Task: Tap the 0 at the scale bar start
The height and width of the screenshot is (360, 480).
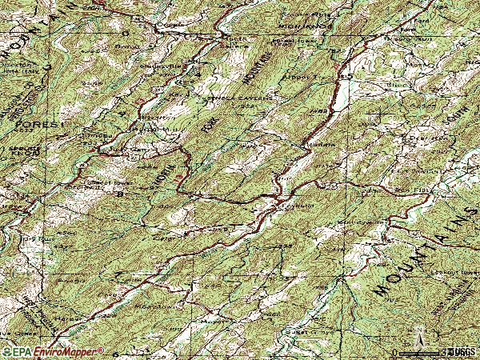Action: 395,352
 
